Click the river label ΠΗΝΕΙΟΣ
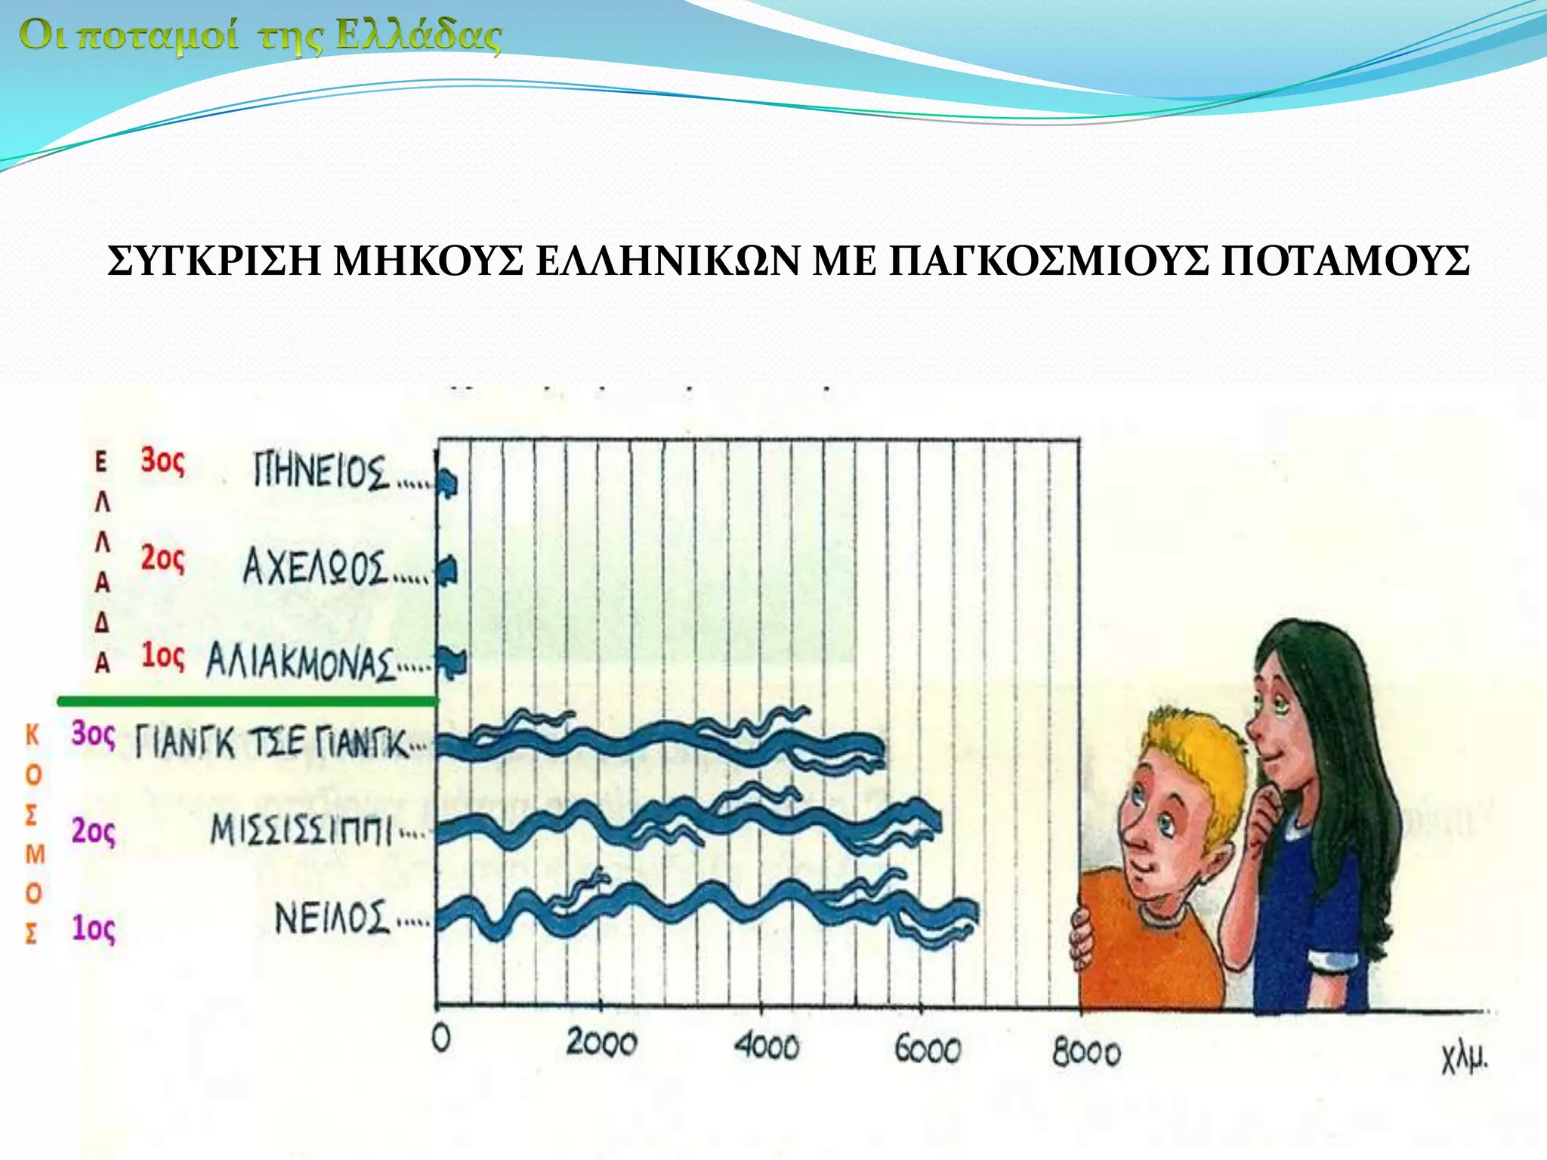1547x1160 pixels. [320, 471]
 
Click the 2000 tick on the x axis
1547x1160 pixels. [601, 1044]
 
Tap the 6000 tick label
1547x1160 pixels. [927, 1048]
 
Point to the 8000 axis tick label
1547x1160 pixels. [1086, 1052]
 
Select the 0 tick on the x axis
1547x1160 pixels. [441, 1039]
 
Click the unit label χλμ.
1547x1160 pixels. [1464, 1059]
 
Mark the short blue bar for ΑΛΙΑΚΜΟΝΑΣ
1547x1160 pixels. [453, 663]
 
